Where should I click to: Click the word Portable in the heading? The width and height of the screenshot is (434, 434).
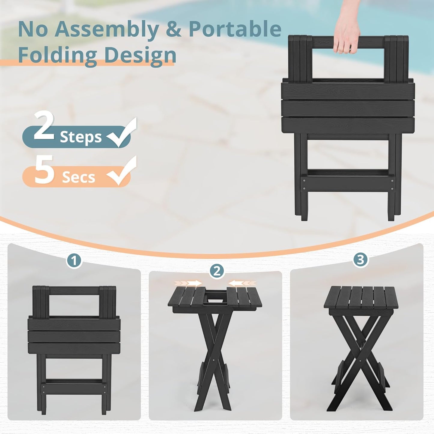click(x=235, y=29)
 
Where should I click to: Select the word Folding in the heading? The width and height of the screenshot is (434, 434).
click(x=57, y=55)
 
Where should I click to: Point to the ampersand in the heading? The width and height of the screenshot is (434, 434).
click(x=174, y=29)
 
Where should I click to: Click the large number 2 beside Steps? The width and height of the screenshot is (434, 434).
click(x=44, y=126)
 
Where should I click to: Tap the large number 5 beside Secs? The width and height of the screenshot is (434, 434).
click(x=44, y=170)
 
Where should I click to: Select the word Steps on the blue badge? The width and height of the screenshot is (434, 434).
click(x=81, y=137)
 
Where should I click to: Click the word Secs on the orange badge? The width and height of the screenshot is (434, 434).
click(x=78, y=178)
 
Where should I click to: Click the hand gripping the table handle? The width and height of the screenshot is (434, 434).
click(x=347, y=33)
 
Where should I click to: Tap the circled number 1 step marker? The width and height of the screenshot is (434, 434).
click(x=74, y=260)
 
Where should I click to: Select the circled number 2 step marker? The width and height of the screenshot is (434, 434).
click(x=217, y=271)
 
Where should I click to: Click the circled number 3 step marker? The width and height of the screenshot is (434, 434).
click(x=360, y=259)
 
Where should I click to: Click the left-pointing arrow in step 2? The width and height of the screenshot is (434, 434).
click(x=242, y=283)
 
